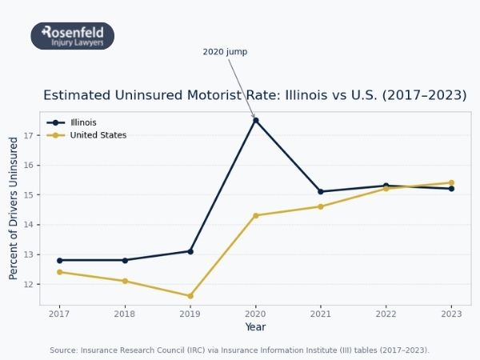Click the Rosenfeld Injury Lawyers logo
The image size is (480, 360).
(x=72, y=36)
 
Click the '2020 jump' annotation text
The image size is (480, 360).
(x=225, y=52)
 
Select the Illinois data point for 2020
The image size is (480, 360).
(x=255, y=120)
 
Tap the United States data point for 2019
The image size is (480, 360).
(x=190, y=296)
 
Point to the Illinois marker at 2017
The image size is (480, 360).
(x=59, y=260)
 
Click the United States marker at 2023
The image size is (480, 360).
(x=451, y=182)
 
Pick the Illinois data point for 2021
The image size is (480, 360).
(x=321, y=191)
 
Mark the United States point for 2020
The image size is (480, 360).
(x=255, y=215)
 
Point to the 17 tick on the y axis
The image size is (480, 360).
(x=29, y=136)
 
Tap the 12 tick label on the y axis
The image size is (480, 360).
(x=29, y=285)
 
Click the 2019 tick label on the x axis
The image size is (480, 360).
(x=190, y=314)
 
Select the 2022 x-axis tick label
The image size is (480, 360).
(x=386, y=314)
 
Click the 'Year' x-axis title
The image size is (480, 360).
(x=255, y=327)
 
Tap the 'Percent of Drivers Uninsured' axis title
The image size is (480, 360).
(x=14, y=208)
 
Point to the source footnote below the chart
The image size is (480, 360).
(x=239, y=350)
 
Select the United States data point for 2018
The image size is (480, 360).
(x=125, y=281)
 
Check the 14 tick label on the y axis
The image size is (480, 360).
(x=29, y=226)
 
